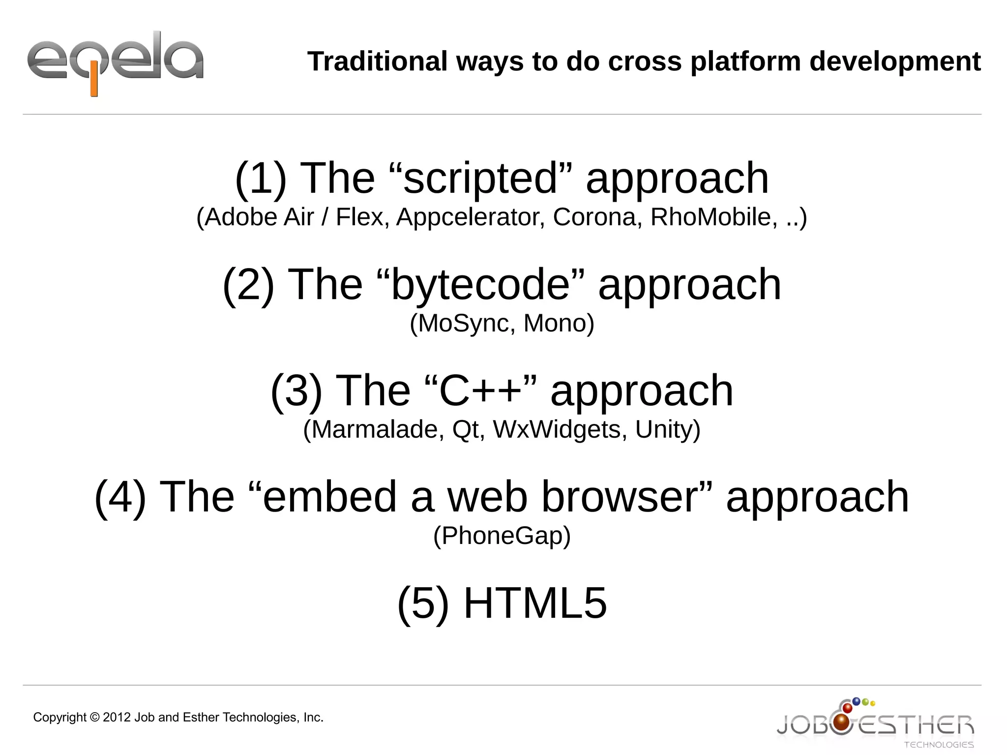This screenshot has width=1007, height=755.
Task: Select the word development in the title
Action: [x=895, y=61]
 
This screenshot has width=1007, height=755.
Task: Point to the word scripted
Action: [x=480, y=178]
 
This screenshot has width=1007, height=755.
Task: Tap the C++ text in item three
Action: [x=480, y=391]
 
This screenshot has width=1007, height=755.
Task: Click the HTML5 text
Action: [x=535, y=603]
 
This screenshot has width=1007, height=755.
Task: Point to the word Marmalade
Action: [x=374, y=429]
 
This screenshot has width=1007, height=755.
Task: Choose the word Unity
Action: [x=667, y=429]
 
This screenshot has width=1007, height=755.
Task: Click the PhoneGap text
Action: [x=502, y=536]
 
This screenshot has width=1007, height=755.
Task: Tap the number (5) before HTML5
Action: [x=423, y=603]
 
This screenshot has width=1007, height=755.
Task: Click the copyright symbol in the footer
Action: [x=95, y=718]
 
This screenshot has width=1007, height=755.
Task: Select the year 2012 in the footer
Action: [x=117, y=718]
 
